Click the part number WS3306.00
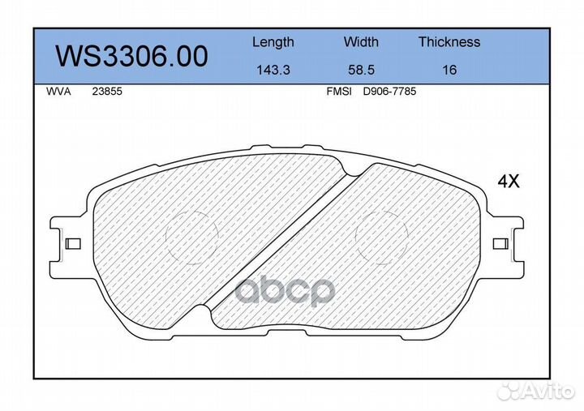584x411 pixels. [131, 56]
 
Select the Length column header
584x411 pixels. [273, 42]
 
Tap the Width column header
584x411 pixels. [361, 42]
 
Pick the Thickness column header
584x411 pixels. [449, 42]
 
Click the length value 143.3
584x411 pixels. [273, 70]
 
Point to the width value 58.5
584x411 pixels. [361, 70]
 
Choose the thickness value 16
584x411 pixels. [449, 70]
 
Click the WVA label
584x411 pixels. [58, 92]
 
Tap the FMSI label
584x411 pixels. [338, 92]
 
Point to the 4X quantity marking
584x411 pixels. [508, 182]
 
